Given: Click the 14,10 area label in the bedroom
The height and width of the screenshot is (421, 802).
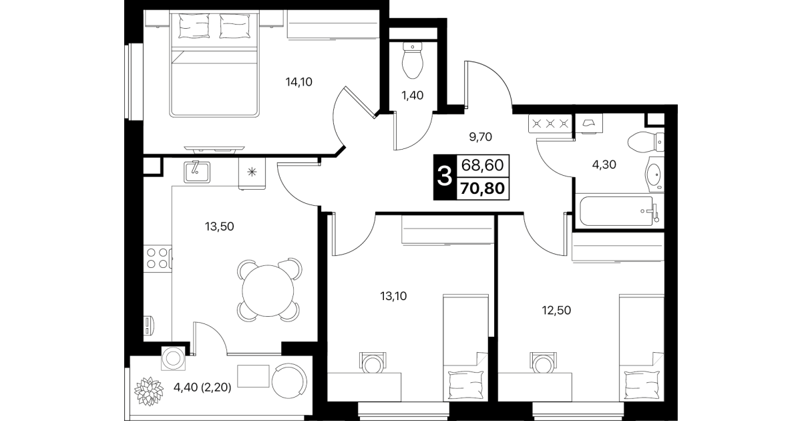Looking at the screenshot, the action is click(299, 82).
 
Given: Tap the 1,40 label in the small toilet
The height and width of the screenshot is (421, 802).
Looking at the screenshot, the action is click(413, 96).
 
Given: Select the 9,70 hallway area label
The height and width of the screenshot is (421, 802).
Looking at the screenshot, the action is click(481, 137).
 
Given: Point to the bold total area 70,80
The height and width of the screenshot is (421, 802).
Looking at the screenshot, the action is click(483, 188).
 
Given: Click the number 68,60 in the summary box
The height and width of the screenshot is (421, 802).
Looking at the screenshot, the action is click(483, 166).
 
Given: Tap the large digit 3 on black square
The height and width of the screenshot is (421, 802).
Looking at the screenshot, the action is click(445, 177).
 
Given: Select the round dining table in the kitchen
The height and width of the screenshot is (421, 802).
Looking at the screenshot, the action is click(268, 291).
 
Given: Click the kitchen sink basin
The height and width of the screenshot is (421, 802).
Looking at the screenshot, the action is click(197, 172).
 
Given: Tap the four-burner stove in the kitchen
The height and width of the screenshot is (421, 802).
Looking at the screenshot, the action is click(158, 258).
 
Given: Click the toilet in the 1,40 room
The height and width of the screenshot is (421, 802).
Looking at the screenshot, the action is click(413, 60).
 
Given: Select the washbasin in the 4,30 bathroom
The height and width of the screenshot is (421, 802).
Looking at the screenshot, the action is click(655, 174).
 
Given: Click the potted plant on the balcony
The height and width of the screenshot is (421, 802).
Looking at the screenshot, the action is click(149, 391).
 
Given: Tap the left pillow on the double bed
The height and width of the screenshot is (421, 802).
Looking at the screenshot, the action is click(194, 26).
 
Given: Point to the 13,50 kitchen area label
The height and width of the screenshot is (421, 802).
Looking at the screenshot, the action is click(220, 227).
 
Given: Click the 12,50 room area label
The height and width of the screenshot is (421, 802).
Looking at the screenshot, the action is click(556, 310).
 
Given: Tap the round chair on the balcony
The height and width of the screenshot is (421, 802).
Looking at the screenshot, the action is click(289, 381).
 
